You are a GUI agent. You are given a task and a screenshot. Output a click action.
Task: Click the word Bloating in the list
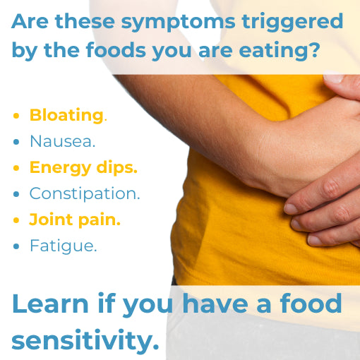tap(66, 116)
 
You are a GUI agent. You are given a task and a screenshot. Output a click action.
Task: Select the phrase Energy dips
tap(83, 168)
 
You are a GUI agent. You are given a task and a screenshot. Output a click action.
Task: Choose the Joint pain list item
tap(75, 220)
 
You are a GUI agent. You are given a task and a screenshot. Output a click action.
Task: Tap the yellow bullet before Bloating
tap(16, 116)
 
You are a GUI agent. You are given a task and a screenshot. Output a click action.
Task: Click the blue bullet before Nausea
tap(16, 142)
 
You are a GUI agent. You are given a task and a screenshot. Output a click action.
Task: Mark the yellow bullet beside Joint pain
tap(16, 220)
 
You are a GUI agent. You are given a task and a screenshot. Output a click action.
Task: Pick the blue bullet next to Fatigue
tap(16, 246)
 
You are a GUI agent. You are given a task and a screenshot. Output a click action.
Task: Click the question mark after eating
tap(313, 49)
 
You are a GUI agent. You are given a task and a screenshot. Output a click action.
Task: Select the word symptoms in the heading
tap(178, 23)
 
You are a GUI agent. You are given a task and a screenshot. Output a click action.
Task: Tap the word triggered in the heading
tap(292, 23)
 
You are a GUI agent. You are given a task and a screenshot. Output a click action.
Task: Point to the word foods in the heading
tap(116, 49)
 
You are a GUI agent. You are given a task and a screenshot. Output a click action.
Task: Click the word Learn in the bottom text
tap(50, 304)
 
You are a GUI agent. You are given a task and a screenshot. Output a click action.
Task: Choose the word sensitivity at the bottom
tap(85, 340)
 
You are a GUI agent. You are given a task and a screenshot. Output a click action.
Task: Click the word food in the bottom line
tap(311, 303)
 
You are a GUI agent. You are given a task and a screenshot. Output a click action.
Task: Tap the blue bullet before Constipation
tap(16, 194)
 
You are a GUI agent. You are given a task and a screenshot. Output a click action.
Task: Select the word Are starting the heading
tap(30, 21)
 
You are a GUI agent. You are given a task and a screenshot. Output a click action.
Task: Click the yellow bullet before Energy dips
tap(16, 168)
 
